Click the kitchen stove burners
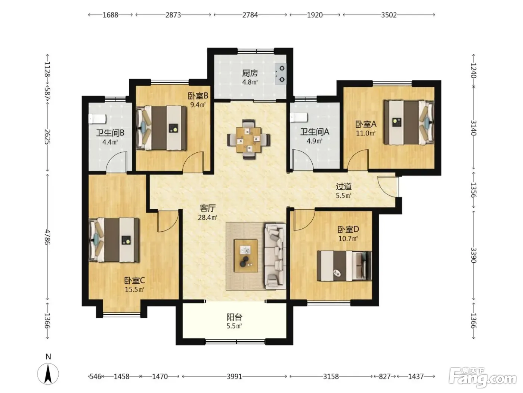(281, 74)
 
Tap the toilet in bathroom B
(97, 119)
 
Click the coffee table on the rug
(246, 256)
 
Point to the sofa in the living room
(275, 256)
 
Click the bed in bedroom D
(344, 266)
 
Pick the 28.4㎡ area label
(208, 217)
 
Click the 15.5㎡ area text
(134, 289)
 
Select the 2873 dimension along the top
(173, 15)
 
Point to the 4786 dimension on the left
(47, 237)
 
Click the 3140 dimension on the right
(473, 128)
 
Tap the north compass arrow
(48, 374)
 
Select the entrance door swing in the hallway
(387, 186)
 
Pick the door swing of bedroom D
(304, 220)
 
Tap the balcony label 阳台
(234, 317)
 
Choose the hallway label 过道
(344, 186)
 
